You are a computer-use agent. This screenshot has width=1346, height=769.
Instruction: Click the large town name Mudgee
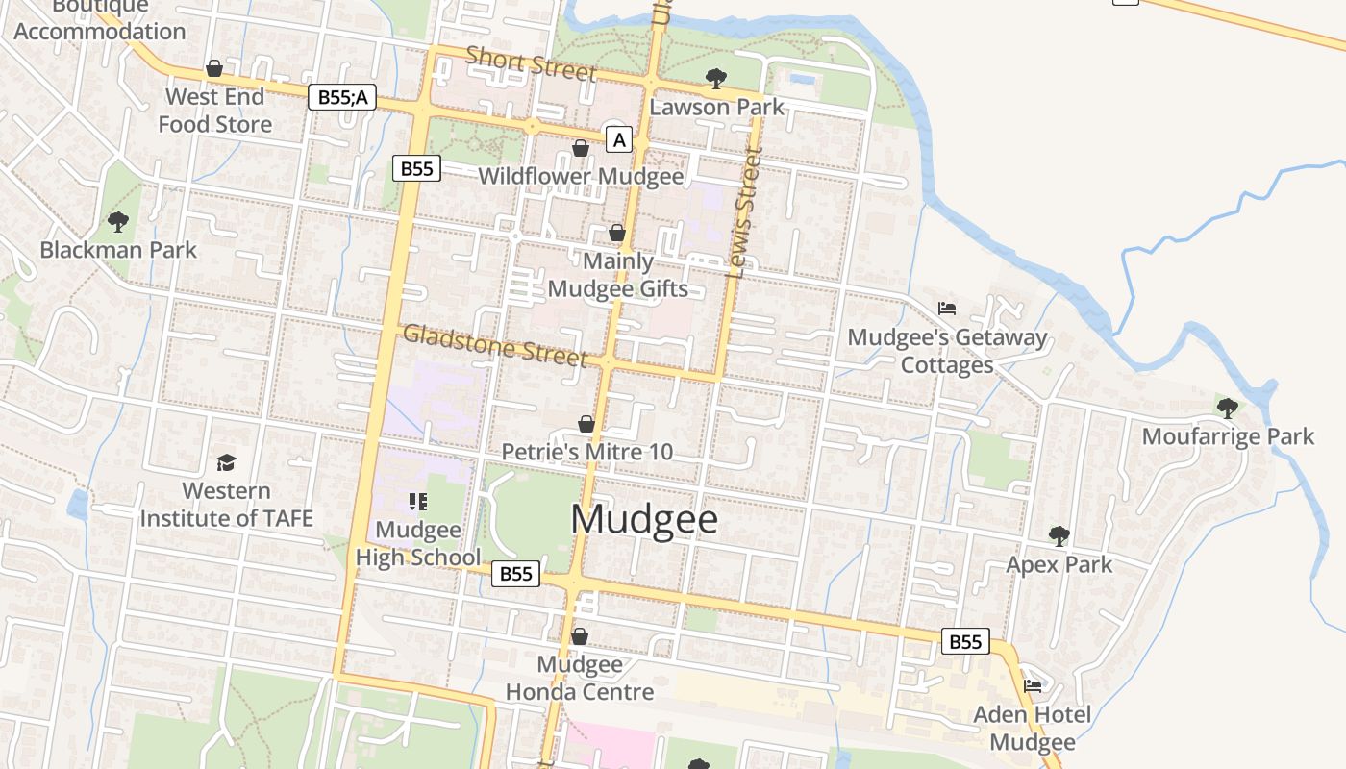click(x=644, y=519)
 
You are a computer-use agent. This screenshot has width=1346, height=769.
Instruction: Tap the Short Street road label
click(x=531, y=63)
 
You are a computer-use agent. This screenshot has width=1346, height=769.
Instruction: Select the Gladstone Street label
click(x=494, y=345)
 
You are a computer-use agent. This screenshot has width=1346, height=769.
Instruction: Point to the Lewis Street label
click(x=744, y=213)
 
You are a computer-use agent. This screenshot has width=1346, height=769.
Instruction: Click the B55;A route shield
click(x=341, y=97)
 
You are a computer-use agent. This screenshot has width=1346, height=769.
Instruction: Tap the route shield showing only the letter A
click(x=619, y=140)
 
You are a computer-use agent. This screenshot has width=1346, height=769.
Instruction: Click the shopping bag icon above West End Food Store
click(x=214, y=69)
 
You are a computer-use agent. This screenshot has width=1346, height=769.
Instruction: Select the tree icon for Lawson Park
click(x=715, y=78)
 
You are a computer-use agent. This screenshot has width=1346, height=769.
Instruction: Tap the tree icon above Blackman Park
click(x=118, y=222)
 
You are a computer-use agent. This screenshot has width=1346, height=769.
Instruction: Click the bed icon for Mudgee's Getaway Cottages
click(x=947, y=309)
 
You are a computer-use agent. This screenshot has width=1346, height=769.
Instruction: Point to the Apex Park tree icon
click(x=1059, y=535)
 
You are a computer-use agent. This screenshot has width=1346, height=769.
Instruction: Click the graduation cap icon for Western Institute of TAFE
click(x=226, y=463)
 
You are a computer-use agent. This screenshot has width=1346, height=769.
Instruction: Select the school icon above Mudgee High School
click(x=417, y=501)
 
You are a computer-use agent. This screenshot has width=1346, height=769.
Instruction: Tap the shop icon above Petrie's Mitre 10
click(x=586, y=424)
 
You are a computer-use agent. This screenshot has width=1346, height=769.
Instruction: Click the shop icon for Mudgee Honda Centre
click(x=579, y=636)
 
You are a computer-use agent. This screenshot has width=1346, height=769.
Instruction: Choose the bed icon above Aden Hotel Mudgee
click(x=1033, y=686)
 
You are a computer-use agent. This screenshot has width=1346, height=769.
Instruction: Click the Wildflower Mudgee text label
click(x=581, y=176)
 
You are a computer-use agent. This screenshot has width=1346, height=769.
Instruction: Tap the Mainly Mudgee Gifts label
click(x=617, y=275)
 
